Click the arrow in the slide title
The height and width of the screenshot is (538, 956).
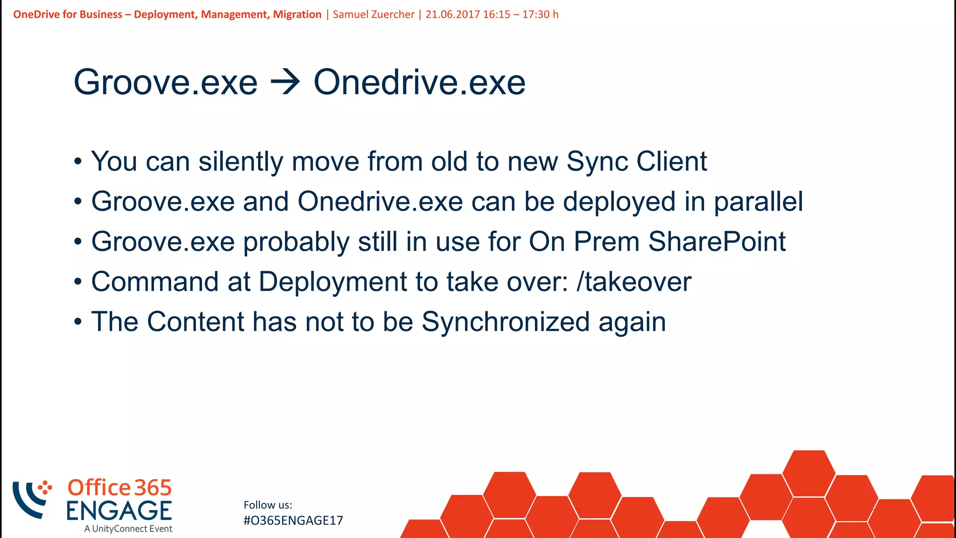pos(285,82)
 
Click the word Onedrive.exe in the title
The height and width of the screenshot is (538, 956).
pos(419,82)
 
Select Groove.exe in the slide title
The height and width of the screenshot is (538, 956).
pos(166,82)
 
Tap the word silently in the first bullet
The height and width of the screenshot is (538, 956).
pos(240,162)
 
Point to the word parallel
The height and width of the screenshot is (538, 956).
pos(758,202)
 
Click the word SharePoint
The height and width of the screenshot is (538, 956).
pos(717,242)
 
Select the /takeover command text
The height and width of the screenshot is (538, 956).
pos(634,282)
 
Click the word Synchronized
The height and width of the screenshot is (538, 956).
pos(506,322)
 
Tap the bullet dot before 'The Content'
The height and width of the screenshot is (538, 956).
pos(78,322)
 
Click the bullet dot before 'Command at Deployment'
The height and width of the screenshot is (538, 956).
pos(78,282)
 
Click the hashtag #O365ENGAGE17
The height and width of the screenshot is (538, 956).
pos(293,521)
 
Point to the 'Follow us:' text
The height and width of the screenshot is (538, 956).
pos(267,505)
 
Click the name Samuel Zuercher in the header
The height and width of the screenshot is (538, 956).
pos(373,14)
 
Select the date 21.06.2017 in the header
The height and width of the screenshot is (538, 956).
pos(452,14)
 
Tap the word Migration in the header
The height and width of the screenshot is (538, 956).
pos(297,14)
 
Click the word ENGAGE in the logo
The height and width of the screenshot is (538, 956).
pos(119,510)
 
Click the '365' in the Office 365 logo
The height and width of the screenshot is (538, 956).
pos(153,488)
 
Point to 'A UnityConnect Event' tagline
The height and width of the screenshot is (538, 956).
pos(128,529)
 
